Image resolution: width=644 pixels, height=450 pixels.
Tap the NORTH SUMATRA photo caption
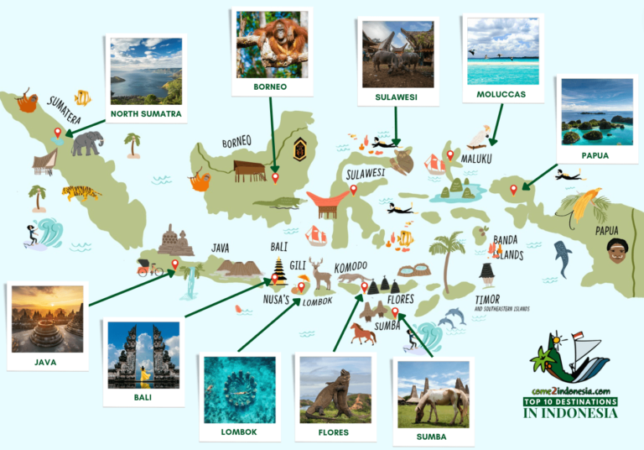point(146,113)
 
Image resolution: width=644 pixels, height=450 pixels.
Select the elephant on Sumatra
point(87,144)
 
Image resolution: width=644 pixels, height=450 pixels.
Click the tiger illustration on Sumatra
point(81,192)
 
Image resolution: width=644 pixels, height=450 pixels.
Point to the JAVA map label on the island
point(221,248)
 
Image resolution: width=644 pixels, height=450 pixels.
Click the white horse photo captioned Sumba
point(433,394)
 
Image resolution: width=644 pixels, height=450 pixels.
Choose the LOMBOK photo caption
point(240,432)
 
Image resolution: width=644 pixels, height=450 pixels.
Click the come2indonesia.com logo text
point(569,390)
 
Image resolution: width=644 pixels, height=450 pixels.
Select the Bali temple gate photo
point(143,356)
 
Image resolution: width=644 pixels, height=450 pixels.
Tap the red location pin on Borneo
point(275,177)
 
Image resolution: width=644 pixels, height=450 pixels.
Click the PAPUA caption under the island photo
point(596,155)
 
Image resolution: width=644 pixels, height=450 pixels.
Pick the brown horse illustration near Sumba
point(362,333)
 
